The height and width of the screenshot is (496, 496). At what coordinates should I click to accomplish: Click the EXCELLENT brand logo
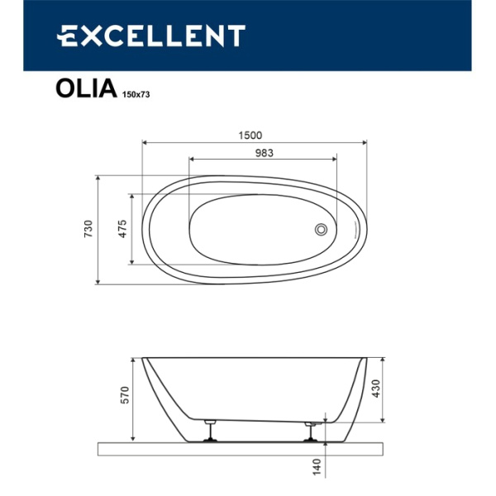[x=150, y=36]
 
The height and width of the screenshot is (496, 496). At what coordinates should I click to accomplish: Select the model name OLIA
[x=84, y=88]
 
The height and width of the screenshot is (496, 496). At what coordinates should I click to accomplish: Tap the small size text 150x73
[x=136, y=94]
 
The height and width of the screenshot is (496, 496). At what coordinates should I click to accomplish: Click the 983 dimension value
[x=263, y=153]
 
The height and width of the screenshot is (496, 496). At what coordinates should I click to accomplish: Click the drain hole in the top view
[x=322, y=229]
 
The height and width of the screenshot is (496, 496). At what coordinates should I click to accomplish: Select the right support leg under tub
[x=312, y=430]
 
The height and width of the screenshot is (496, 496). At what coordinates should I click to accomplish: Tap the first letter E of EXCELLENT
[x=65, y=36]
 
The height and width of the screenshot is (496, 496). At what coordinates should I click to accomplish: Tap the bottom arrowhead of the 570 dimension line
[x=132, y=438]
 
